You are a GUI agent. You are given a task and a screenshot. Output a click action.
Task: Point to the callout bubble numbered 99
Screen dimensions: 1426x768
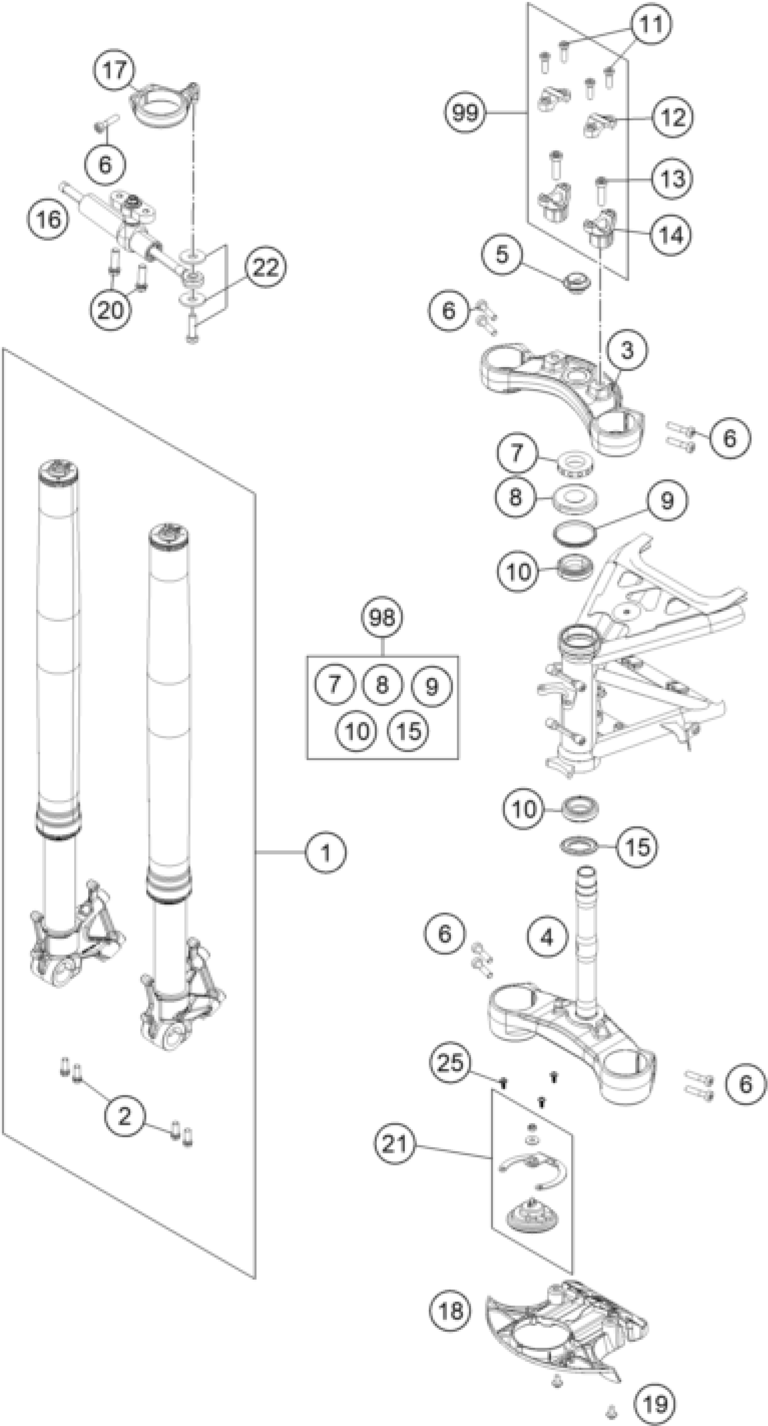coord(465,113)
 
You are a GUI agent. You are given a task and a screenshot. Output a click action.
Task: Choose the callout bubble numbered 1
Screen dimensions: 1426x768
coord(326,852)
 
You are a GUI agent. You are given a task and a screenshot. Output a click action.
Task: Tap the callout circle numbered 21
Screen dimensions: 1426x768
coord(394,1144)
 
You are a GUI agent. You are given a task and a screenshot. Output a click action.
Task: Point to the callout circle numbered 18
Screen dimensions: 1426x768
coord(450,1311)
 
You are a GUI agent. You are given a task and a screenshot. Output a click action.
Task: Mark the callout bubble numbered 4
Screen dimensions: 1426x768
coord(547,937)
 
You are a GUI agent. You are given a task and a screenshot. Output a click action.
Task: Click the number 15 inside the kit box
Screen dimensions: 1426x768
coord(409,731)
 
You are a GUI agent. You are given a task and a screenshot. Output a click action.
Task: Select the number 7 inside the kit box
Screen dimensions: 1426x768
coord(334,684)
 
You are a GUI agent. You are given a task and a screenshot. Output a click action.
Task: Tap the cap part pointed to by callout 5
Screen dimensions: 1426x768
coord(576,281)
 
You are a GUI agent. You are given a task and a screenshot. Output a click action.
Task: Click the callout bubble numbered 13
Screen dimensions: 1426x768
coord(672,179)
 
